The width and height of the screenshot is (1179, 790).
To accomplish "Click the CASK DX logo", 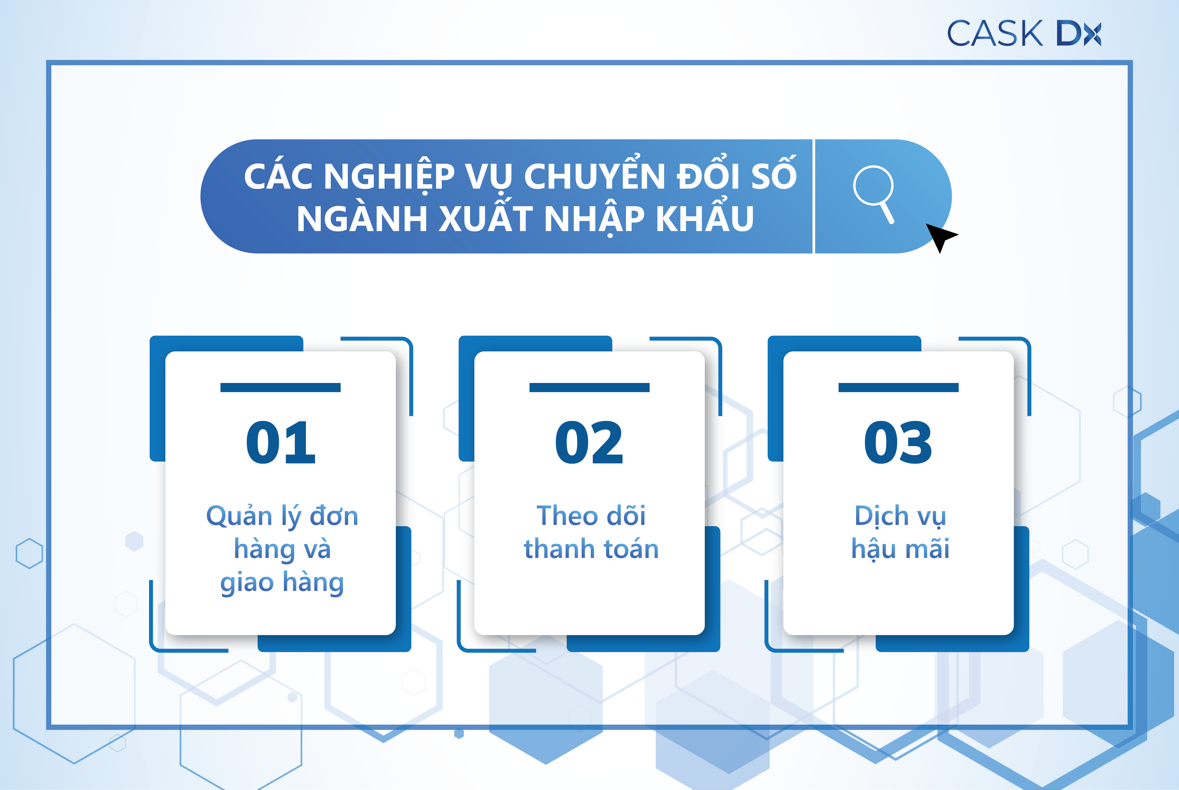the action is click(x=1024, y=33).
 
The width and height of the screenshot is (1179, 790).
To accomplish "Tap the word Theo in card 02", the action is click(x=561, y=516).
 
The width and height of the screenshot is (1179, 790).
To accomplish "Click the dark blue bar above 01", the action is click(x=281, y=387).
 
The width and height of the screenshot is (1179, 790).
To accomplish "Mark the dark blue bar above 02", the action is click(x=589, y=387).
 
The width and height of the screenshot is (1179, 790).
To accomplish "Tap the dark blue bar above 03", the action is click(x=898, y=387).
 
